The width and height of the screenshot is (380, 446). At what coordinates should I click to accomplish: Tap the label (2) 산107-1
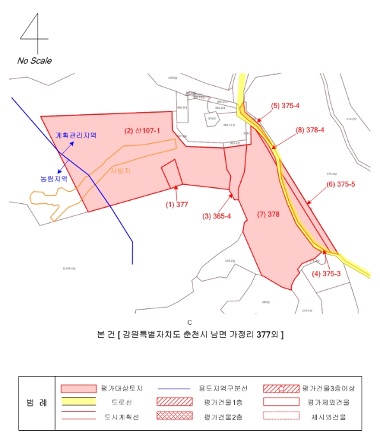[142, 131]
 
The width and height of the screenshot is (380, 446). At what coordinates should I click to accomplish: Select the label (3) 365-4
[217, 216]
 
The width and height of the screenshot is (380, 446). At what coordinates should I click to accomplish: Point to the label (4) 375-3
[325, 275]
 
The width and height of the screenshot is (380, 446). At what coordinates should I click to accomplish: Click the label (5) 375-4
[285, 106]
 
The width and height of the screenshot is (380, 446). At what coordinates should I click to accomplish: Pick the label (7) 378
[268, 214]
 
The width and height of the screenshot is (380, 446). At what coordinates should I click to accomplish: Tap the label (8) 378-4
[310, 130]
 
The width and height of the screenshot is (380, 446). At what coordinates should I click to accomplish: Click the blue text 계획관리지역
[76, 136]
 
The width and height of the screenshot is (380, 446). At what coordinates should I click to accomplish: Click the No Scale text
[34, 61]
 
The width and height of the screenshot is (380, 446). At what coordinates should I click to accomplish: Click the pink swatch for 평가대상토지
[78, 388]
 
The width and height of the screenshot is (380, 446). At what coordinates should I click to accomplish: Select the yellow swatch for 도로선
[78, 402]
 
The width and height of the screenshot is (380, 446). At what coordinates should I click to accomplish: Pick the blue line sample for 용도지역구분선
[172, 388]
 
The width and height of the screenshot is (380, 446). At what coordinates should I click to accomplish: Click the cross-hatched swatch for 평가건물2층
[172, 416]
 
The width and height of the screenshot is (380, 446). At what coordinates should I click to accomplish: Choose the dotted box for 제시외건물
[281, 416]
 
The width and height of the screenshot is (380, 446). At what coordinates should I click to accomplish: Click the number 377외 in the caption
[266, 334]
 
